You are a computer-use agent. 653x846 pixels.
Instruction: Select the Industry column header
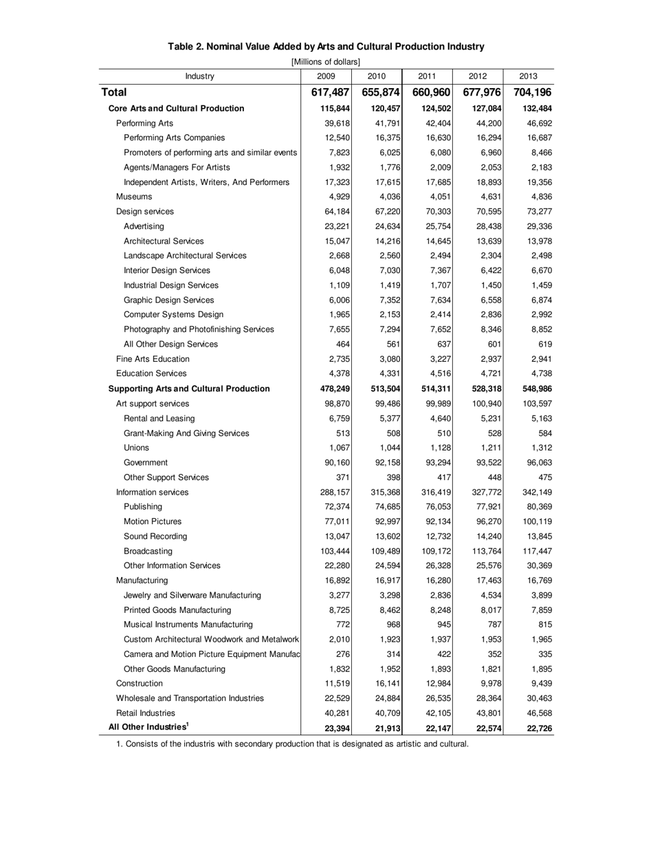point(200,76)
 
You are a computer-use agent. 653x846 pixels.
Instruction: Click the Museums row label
point(134,197)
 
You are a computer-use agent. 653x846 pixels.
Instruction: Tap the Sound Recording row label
point(155,536)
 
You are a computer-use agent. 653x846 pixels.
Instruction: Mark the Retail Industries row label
point(146,713)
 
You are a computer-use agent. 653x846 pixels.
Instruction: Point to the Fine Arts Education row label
point(153,359)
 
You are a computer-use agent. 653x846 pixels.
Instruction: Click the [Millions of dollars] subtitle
point(326,62)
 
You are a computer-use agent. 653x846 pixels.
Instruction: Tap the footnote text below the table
point(292,744)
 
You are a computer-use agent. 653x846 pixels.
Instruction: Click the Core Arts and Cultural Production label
point(177,109)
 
